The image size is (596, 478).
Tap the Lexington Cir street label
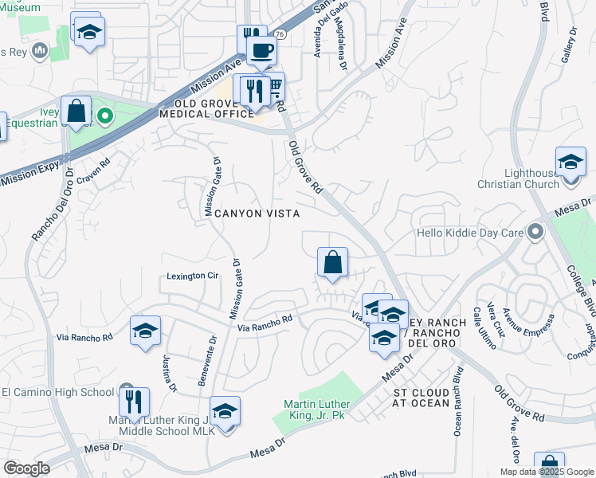coord(192,276)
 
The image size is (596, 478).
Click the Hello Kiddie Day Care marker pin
coord(534,233)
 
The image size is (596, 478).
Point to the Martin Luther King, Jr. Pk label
coord(318,409)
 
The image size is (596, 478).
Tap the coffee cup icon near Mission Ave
coord(260,52)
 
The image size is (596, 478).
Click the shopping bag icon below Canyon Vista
coord(332,262)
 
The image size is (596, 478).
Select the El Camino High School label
coord(58,392)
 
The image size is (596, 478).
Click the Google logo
coord(26,468)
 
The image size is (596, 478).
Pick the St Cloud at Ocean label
coord(422,398)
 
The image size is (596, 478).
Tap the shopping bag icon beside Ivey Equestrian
coord(76,112)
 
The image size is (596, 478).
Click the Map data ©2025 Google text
coord(546,472)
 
